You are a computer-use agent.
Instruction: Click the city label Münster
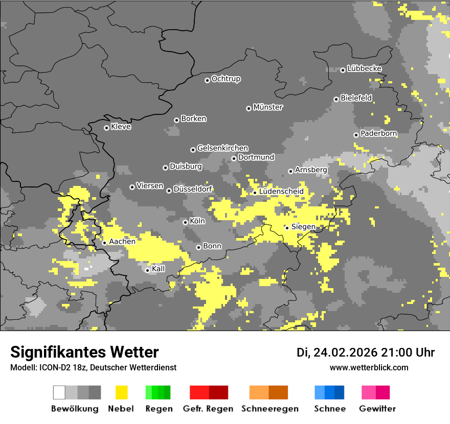coord(268,107)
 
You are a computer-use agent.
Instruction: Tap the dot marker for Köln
coord(185,222)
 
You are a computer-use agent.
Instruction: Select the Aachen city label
coord(122,242)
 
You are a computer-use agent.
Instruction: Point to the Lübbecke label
coord(364,68)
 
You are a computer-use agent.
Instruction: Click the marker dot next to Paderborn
coord(356,135)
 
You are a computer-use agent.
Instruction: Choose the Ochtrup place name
coord(226,79)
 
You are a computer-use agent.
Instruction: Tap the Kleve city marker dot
coord(106,128)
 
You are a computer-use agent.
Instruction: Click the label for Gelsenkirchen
coord(222,148)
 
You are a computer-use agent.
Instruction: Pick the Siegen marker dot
coord(287,228)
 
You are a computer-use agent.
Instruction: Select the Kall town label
coord(159,269)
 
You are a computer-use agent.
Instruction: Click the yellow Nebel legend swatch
coord(121,392)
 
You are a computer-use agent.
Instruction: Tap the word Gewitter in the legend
coord(377,409)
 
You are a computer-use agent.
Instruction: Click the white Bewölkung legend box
coord(59,392)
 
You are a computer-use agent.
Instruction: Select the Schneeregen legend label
coord(270,409)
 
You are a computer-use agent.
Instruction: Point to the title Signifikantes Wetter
coord(84,352)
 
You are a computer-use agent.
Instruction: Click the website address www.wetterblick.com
coord(369,367)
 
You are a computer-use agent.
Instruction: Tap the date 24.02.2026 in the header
coord(345,352)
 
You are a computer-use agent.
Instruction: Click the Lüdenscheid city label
coord(281,192)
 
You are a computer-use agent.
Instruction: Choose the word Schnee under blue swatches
coord(330,409)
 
